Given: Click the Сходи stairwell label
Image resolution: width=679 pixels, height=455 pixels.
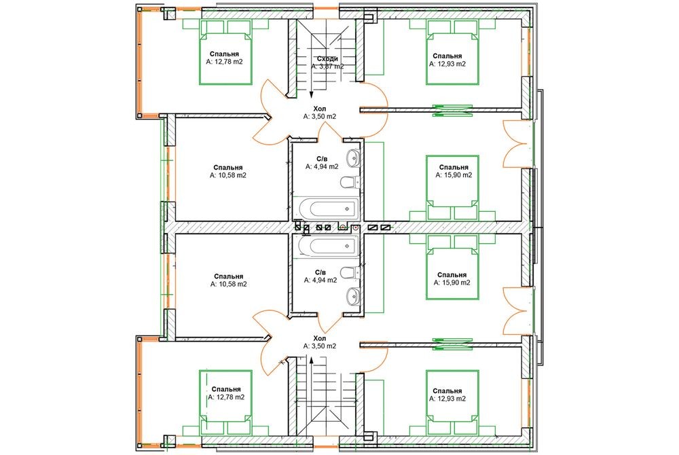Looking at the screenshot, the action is tap(327, 58).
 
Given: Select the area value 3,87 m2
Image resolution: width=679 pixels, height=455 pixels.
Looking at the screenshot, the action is tap(331, 67).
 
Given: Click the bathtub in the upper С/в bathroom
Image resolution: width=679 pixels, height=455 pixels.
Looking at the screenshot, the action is tap(329, 209).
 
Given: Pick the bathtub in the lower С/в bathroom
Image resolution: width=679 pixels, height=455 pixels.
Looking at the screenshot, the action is tap(329, 246).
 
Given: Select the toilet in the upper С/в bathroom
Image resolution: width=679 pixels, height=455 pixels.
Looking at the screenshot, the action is tap(350, 182).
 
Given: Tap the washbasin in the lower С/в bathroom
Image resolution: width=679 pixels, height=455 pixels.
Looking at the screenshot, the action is tap(353, 297).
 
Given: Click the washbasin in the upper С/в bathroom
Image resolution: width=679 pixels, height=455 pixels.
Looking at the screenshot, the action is tap(353, 157).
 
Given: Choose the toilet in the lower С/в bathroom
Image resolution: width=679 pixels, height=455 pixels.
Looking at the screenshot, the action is tap(350, 273).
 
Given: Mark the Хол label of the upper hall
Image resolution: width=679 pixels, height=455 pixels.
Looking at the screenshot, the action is tap(320, 109).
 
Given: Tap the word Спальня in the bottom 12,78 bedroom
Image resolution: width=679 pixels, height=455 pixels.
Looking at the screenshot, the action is tap(226, 389).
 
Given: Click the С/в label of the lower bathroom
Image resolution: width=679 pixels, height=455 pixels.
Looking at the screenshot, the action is tap(320, 272).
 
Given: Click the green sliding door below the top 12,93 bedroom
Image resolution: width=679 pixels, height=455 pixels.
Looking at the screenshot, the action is tap(452, 110).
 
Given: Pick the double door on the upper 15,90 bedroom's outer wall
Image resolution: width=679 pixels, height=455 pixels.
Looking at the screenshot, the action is tap(515, 144).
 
